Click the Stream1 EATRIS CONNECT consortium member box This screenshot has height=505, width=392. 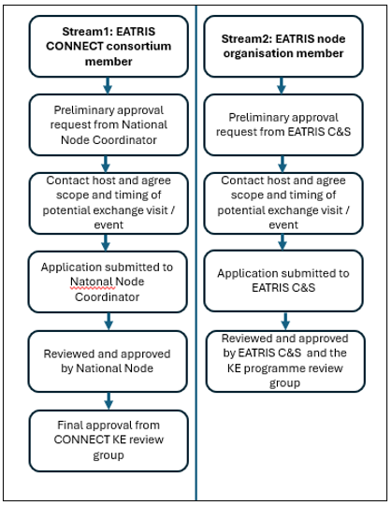point(109,47)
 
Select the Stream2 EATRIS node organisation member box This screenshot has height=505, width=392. point(283,47)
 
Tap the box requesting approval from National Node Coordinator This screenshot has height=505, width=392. point(109,125)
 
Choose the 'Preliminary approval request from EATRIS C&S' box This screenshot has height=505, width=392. point(283,125)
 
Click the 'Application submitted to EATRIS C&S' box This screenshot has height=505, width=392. point(283,281)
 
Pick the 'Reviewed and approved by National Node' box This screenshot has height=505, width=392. point(108,361)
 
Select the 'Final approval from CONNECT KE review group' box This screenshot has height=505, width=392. point(109,440)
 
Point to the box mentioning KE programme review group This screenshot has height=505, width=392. point(285,361)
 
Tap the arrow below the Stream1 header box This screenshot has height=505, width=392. point(108,86)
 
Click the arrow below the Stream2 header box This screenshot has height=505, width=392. point(282,86)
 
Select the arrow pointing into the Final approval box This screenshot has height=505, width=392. point(109,401)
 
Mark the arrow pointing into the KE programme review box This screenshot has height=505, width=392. point(285,321)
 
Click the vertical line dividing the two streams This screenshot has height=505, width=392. point(196,252)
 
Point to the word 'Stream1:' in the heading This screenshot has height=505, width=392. point(86,32)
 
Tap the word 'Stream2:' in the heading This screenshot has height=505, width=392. point(246,39)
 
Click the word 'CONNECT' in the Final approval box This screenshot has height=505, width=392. point(81,440)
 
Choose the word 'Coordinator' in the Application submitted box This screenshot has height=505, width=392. point(108,297)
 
